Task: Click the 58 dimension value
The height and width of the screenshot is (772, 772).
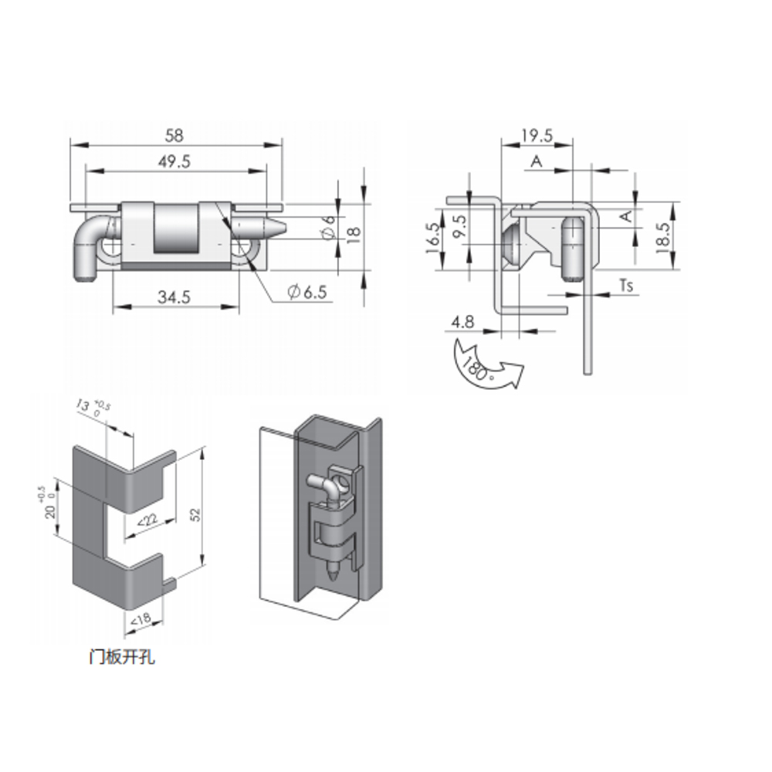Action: click(x=174, y=135)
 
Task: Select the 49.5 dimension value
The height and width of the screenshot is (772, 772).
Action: click(x=174, y=161)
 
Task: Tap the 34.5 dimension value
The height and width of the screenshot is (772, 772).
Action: click(x=174, y=297)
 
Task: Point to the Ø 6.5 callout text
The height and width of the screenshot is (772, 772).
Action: click(x=307, y=292)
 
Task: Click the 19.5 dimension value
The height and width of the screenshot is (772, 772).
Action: click(x=537, y=135)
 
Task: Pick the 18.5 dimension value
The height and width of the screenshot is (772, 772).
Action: click(x=663, y=238)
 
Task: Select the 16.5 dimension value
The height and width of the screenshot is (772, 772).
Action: click(x=433, y=238)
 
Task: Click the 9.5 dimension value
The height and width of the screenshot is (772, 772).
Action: click(x=460, y=227)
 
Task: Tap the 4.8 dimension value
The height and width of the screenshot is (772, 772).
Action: click(x=462, y=322)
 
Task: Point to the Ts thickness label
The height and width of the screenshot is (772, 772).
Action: click(x=626, y=286)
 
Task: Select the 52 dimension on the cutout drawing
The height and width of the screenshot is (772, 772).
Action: click(x=195, y=514)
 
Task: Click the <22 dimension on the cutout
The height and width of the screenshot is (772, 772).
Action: click(x=147, y=520)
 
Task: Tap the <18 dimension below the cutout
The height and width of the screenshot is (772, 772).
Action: click(x=141, y=620)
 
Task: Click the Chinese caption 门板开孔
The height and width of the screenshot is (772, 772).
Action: click(x=122, y=657)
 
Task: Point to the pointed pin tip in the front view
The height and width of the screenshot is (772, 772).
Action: click(x=281, y=229)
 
